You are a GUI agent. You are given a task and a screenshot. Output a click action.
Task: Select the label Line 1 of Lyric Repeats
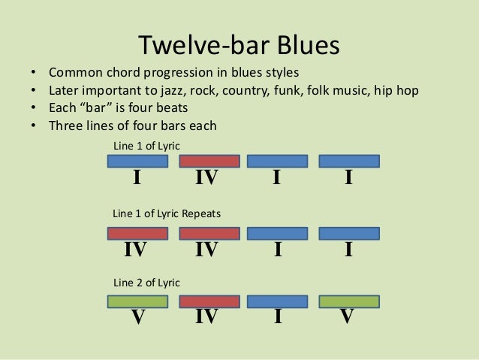[167, 213]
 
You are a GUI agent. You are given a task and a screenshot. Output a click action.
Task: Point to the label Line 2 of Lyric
[146, 283]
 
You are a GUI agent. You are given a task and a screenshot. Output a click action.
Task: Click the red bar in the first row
[209, 161]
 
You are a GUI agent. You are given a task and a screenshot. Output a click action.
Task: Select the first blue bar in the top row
[138, 161]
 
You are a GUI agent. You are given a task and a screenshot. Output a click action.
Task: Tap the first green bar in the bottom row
[138, 301]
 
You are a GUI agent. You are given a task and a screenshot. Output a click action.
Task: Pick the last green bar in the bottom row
[349, 301]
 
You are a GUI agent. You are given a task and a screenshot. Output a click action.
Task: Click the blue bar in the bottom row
[277, 301]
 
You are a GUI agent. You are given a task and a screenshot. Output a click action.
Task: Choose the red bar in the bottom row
[209, 301]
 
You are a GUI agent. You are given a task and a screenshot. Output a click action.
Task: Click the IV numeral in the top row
[206, 178]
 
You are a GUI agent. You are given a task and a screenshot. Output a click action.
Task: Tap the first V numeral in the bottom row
[137, 318]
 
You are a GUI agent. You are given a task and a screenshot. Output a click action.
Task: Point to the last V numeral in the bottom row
[346, 318]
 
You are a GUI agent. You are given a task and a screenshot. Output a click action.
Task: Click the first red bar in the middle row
[138, 233]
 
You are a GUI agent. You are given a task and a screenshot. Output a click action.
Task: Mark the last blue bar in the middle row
[349, 233]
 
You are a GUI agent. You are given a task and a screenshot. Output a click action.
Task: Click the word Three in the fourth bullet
[66, 125]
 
